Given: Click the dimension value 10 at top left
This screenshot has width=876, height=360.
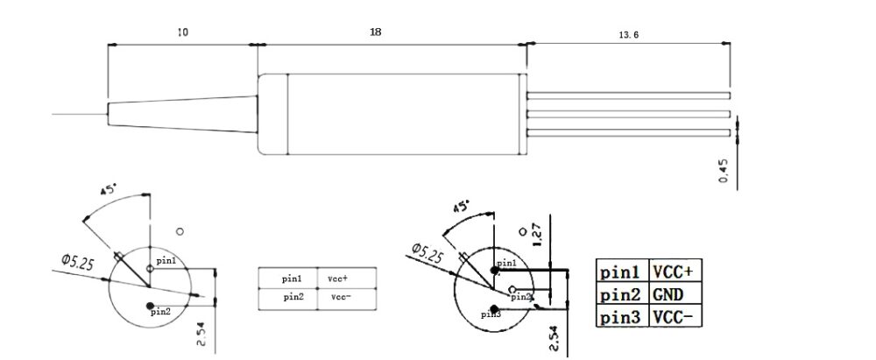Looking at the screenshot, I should click(182, 32).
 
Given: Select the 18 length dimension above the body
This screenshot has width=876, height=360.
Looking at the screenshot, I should click(375, 32).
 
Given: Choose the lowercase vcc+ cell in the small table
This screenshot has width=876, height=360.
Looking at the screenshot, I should click(338, 278).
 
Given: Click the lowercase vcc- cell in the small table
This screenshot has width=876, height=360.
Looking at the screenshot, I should click(338, 297).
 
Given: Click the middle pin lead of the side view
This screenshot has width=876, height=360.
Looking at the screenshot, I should click(629, 114).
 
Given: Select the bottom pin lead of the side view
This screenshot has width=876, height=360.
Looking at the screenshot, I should click(629, 133).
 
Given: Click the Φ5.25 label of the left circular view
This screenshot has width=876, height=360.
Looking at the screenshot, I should click(78, 259).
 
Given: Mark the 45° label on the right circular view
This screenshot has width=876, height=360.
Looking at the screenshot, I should click(460, 207).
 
